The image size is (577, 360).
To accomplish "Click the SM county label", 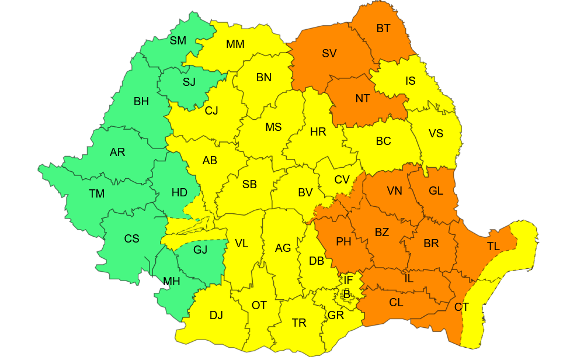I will tap(178, 41).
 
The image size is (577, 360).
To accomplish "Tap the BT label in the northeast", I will tap(384, 29).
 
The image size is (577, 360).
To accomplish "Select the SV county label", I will tap(329, 54).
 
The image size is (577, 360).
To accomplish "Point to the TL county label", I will tap(493, 247).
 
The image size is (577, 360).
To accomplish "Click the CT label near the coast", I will tap(461, 307).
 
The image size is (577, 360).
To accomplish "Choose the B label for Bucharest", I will tap(347, 295).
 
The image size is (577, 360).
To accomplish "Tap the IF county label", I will tap(348, 281).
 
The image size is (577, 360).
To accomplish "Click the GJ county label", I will tap(200, 250).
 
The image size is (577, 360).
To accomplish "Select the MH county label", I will tap(172, 282).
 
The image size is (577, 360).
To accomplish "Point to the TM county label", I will tap(97, 194).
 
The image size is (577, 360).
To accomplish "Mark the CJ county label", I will tap(211, 111).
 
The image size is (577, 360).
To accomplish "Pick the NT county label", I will tap(363, 99).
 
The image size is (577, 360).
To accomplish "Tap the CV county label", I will tap(342, 180).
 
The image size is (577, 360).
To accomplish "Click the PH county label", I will tap(343, 242).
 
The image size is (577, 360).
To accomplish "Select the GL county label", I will tap(436, 191).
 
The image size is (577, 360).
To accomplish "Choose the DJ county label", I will tap(216, 316).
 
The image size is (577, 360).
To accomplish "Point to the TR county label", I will tap(299, 323).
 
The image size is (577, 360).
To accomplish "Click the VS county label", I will tap(436, 134).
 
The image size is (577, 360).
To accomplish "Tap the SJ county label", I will tap(189, 82).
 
